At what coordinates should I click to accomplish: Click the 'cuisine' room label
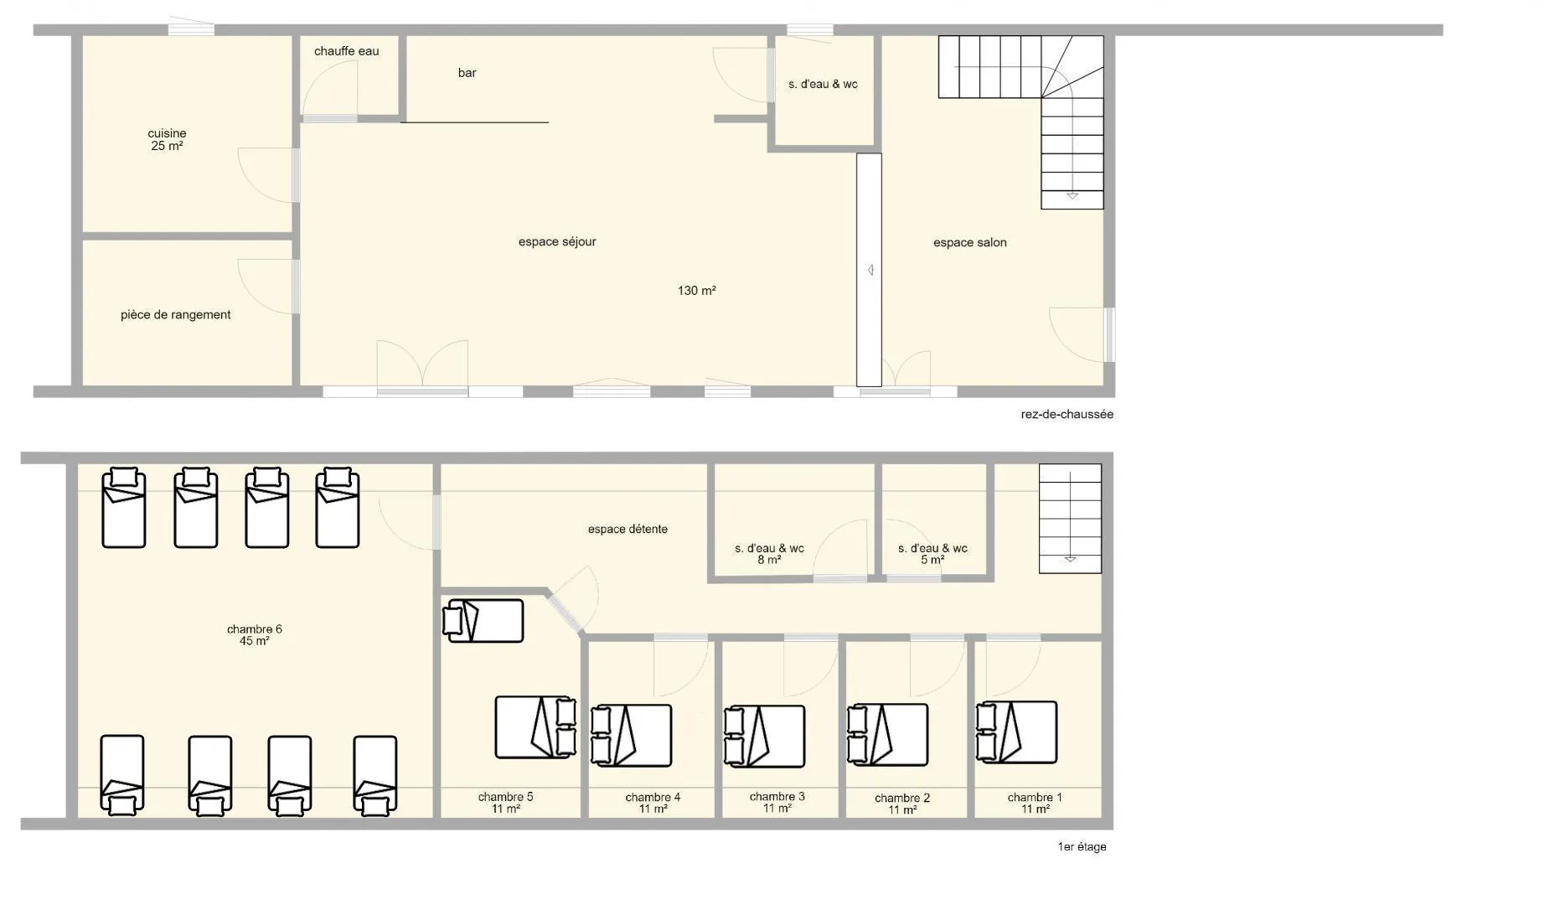point(167,133)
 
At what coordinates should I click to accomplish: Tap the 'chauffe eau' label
point(346,51)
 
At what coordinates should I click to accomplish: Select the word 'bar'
point(467,73)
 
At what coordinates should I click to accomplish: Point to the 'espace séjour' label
point(557,242)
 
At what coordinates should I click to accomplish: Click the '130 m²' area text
point(696,291)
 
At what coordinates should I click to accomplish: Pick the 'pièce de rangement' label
point(175,315)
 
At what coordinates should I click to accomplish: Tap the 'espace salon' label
point(970,243)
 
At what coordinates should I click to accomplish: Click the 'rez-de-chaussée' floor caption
point(1067,414)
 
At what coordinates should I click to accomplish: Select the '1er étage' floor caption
point(1082,847)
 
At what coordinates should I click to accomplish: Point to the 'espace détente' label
point(628,530)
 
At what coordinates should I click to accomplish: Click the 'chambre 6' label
point(255,629)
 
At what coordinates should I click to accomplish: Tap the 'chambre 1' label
point(1035,798)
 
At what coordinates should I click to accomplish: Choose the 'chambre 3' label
point(777,797)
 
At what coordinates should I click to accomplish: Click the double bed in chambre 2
point(887,735)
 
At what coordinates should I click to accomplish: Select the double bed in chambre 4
point(631,736)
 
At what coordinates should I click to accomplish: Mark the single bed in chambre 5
point(483,621)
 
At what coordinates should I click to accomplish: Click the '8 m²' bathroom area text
point(769,560)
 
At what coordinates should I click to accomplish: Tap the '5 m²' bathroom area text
point(932,560)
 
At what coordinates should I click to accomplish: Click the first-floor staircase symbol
point(1070,519)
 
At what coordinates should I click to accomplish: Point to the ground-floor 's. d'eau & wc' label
point(823,84)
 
